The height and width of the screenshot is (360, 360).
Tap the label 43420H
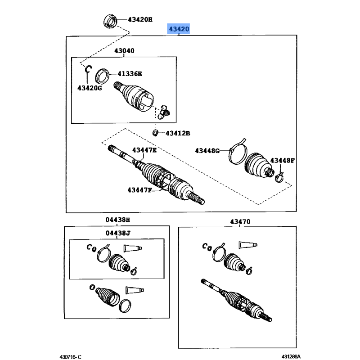tap(140, 19)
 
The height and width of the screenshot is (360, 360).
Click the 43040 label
tap(124, 51)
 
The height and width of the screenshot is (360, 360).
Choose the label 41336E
tap(130, 73)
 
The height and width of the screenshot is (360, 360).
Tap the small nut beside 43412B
tap(154, 133)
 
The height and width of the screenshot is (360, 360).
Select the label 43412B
tap(178, 133)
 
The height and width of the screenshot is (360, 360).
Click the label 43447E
tap(144, 150)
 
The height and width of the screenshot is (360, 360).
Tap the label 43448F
tap(282, 161)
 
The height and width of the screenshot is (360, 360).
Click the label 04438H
tap(117, 220)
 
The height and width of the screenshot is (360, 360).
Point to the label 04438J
tap(117, 233)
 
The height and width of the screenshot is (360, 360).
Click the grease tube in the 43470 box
tap(247, 245)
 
